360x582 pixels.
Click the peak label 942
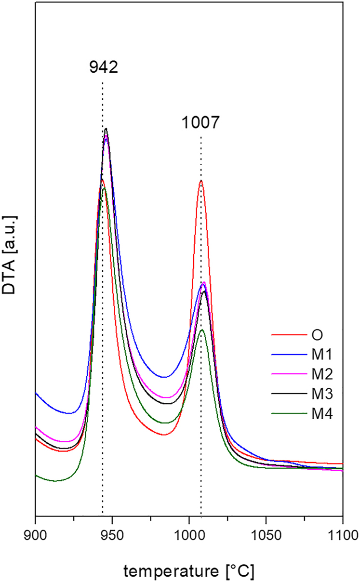pos(103,67)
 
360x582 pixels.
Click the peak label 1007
pos(200,123)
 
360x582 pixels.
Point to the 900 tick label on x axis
pos(36,534)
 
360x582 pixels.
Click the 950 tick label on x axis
pos(112,534)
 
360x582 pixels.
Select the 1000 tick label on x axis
pos(189,534)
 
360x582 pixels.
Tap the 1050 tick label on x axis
pos(266,534)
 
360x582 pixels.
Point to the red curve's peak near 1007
pos(200,181)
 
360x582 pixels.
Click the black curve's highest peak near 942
pos(106,129)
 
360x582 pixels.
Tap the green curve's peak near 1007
pos(202,330)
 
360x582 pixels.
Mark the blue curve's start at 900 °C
pos(36,393)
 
